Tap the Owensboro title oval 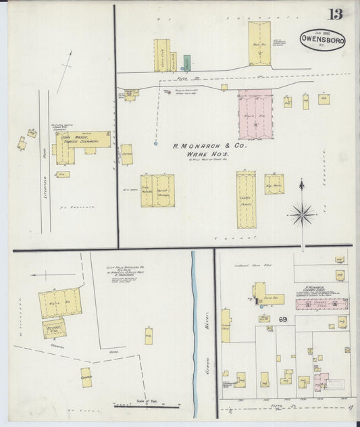coord(322,39)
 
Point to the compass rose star coord(302,216)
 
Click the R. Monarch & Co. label coord(210,145)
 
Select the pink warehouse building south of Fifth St coord(255,114)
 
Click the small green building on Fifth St coord(186,63)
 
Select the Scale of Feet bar coord(147,406)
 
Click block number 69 coord(284,318)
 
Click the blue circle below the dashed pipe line coord(155,143)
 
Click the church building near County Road coord(86,377)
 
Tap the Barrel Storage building coord(162,191)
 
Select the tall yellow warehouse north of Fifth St coord(259,44)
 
